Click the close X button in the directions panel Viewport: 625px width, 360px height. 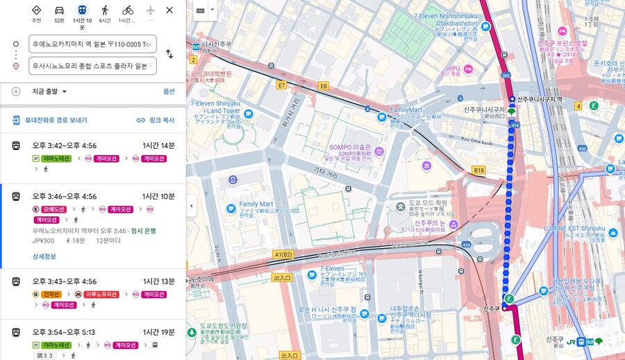point(169,10)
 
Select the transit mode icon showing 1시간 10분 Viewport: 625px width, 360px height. point(82,10)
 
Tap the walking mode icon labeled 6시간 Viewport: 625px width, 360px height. point(105,10)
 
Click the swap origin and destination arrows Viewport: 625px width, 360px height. point(169,54)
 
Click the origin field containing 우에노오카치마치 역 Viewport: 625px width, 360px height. point(92,44)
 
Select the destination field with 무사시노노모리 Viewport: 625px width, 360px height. point(92,66)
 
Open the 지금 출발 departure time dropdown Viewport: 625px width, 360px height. point(49,91)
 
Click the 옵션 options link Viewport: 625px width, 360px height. point(169,91)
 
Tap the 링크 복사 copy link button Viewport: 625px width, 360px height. point(156,120)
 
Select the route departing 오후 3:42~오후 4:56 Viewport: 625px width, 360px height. point(65,145)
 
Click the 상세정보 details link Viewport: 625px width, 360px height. point(44,256)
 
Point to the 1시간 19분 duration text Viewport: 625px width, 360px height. point(158,332)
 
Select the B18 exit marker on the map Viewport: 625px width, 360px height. point(478,170)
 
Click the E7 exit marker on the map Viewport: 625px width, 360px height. point(281,85)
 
